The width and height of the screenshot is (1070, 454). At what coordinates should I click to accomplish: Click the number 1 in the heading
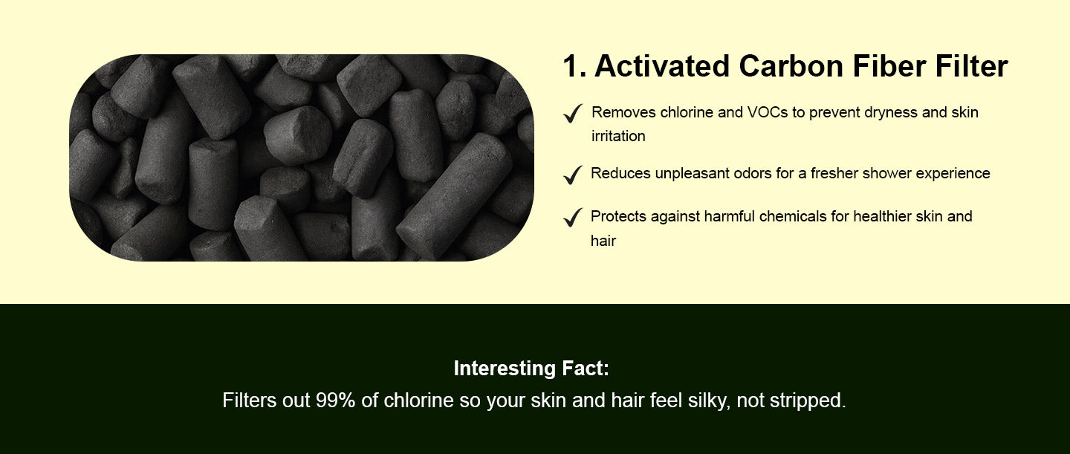pyautogui.click(x=571, y=66)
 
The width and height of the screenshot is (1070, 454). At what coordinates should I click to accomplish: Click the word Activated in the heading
pyautogui.click(x=662, y=66)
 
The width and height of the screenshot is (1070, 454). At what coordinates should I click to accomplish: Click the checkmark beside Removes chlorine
pyautogui.click(x=573, y=113)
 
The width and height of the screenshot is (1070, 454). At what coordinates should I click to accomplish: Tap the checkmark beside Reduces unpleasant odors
pyautogui.click(x=573, y=175)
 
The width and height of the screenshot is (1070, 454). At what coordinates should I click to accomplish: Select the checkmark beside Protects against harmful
pyautogui.click(x=573, y=217)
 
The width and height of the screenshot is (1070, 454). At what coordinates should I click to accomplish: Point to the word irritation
pyautogui.click(x=618, y=136)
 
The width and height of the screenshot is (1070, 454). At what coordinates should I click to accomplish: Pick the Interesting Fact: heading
pyautogui.click(x=531, y=368)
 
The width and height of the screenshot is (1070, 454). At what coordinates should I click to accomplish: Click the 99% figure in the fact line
pyautogui.click(x=335, y=401)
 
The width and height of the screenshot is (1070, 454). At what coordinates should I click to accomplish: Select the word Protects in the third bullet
pyautogui.click(x=618, y=216)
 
